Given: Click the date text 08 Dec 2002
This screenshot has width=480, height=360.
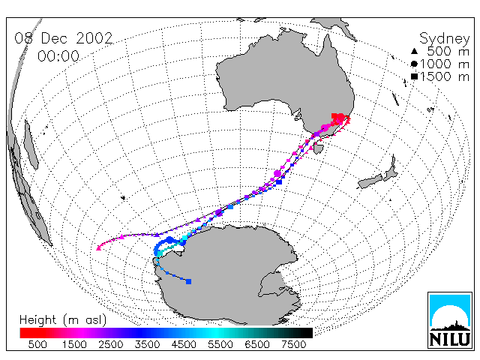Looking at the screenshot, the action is (x=64, y=38).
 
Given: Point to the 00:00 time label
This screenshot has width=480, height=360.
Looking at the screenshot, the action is (x=58, y=56).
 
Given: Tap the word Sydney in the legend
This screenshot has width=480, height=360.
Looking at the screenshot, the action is (x=444, y=39).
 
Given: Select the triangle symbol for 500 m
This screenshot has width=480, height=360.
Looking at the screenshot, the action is (x=414, y=51).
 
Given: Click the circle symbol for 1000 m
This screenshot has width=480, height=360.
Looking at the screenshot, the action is (x=414, y=64).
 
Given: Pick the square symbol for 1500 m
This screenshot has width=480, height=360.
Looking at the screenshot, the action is (x=414, y=76).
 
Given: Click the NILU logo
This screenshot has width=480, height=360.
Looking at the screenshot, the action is (x=450, y=320).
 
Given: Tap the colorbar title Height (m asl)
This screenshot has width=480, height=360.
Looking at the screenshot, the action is (x=63, y=320).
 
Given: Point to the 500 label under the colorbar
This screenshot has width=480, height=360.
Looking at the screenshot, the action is (x=37, y=345).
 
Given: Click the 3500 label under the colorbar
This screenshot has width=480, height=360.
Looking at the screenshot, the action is (x=147, y=345).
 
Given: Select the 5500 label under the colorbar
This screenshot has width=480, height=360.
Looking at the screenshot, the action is (x=220, y=345).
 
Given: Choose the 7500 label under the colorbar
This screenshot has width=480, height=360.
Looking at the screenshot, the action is (x=293, y=345).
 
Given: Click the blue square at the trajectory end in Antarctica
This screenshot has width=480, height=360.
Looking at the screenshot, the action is (x=188, y=281).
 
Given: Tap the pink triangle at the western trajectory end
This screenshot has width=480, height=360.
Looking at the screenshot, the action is (x=98, y=248).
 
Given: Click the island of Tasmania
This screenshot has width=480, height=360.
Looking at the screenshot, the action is (x=319, y=149).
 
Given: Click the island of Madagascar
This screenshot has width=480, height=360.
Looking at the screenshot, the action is (x=31, y=145).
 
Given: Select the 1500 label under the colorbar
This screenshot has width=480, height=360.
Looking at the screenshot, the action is (x=74, y=345).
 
